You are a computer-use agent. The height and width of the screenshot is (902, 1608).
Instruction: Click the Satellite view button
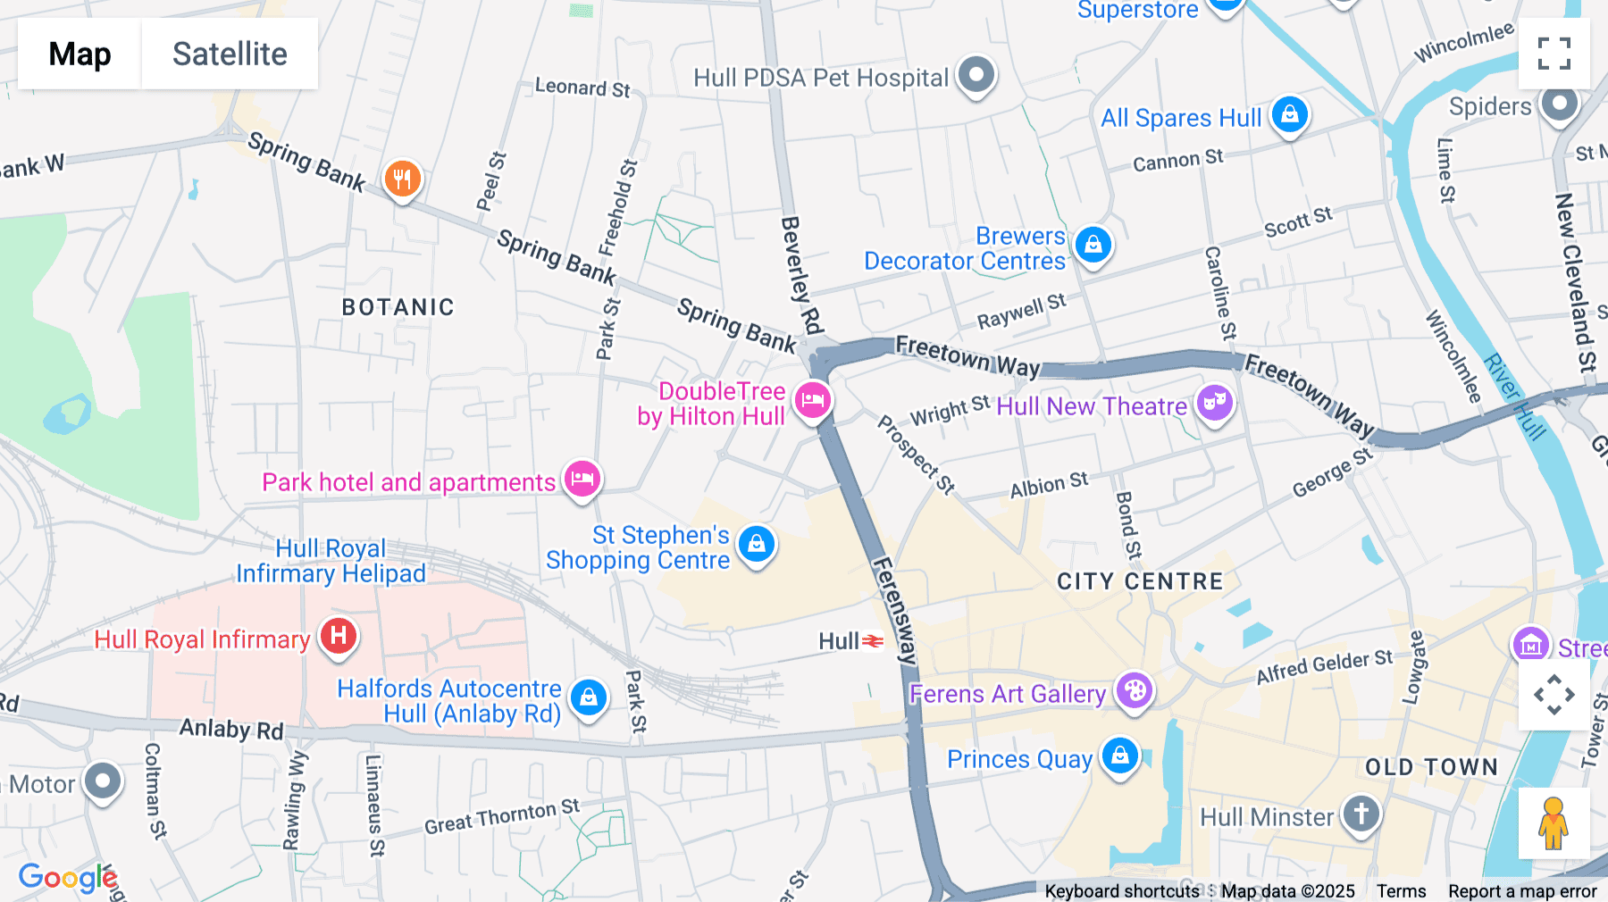click(230, 54)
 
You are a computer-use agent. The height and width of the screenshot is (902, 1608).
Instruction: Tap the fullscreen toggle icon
click(1554, 54)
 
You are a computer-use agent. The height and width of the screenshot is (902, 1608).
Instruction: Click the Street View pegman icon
click(1554, 823)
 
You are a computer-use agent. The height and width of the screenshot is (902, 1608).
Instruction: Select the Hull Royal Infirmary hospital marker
click(339, 636)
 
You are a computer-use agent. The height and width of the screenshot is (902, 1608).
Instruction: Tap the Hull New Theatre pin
click(1214, 403)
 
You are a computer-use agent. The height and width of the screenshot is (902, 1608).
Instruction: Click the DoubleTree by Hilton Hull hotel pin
click(812, 399)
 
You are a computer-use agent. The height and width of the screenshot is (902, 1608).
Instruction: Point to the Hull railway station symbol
click(873, 641)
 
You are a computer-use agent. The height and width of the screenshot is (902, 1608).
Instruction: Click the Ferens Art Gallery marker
click(1135, 690)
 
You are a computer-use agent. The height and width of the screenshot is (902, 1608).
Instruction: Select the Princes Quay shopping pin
click(1119, 756)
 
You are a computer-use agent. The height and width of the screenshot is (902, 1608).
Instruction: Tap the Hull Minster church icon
click(1361, 814)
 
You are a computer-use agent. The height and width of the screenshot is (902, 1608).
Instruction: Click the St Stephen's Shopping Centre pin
click(756, 543)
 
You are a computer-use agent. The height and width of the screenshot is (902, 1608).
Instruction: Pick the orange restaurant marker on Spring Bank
click(402, 179)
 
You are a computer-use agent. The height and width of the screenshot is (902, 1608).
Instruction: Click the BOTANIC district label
click(398, 307)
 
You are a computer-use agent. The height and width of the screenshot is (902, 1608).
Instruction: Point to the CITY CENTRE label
click(1140, 581)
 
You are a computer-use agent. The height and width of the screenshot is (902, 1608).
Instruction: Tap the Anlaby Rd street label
click(231, 730)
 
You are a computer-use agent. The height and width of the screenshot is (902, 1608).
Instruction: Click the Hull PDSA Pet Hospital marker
click(976, 74)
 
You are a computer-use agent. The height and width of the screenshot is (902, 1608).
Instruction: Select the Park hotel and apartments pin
click(582, 479)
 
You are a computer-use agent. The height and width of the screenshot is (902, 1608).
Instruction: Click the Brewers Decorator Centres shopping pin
click(1093, 244)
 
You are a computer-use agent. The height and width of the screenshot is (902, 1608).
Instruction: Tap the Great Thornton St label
click(501, 816)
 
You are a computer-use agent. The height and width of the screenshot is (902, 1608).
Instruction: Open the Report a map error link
click(1522, 891)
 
